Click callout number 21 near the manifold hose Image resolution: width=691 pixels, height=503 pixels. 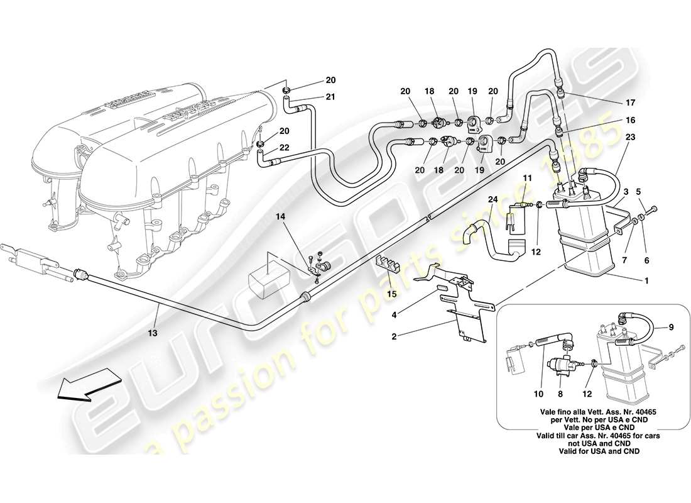click(330, 96)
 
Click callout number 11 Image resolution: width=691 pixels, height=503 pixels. click(528, 179)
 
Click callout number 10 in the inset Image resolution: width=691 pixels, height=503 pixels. click(538, 395)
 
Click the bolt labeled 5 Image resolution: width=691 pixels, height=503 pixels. click(654, 208)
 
